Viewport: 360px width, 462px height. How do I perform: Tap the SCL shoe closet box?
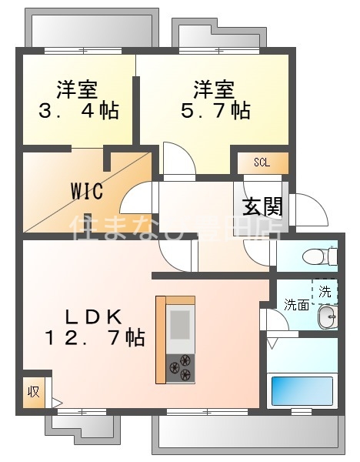point(262,163)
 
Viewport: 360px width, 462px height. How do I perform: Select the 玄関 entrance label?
point(263,206)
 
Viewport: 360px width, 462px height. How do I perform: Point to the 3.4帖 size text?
point(78,111)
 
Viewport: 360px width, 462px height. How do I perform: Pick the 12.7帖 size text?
point(95,336)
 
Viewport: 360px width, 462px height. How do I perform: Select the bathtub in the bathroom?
point(302,391)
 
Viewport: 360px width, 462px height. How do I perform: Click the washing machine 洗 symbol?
point(325,292)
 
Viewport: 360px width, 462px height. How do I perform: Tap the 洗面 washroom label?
point(296,304)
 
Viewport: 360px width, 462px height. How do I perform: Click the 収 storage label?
point(34,391)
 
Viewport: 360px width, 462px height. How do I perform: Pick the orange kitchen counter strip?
point(161,339)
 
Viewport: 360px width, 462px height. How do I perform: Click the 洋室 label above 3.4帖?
point(78,88)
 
